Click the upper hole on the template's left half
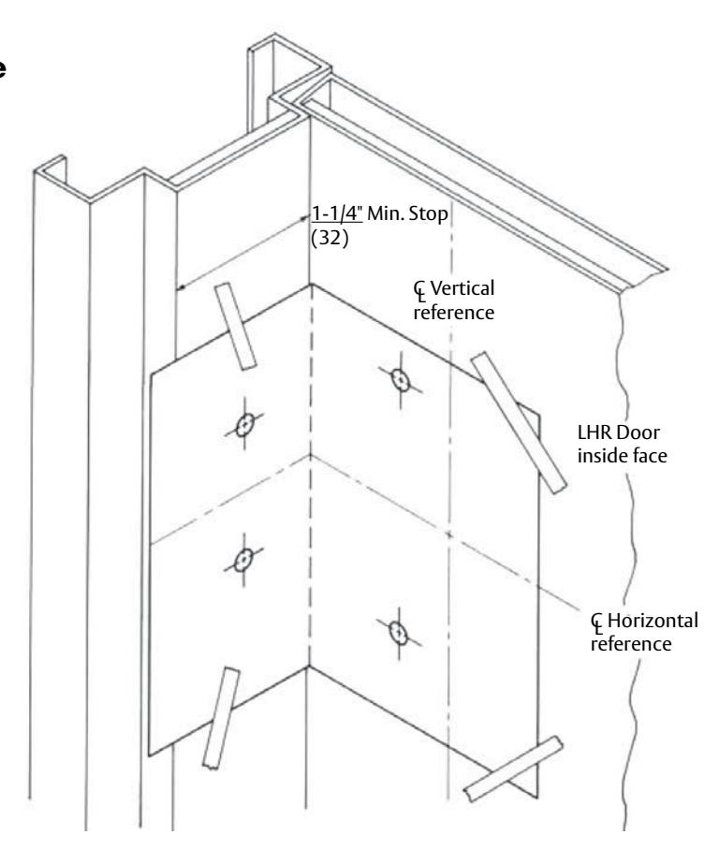(x=246, y=424)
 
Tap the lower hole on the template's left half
(x=242, y=560)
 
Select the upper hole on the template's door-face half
(x=401, y=380)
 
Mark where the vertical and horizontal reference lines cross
(x=450, y=534)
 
